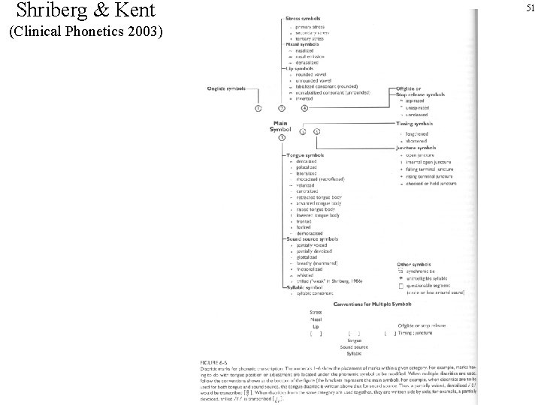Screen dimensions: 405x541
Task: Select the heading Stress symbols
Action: click(302, 19)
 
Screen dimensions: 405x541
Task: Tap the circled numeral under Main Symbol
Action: click(281, 138)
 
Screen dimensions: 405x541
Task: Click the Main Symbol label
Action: click(280, 126)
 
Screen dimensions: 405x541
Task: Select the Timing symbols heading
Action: click(414, 123)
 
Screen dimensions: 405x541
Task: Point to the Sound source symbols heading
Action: click(312, 238)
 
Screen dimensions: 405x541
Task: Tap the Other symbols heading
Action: click(413, 265)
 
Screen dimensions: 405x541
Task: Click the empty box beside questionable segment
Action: click(400, 285)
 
